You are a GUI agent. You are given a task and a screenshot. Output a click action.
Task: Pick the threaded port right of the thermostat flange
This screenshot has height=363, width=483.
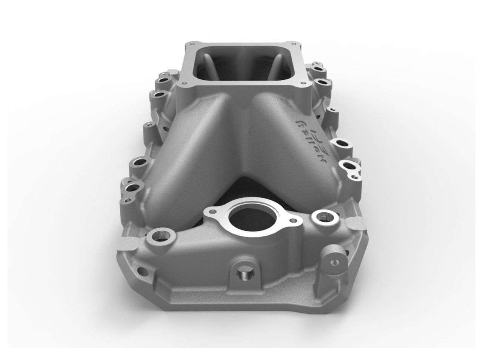click(x=323, y=217)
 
